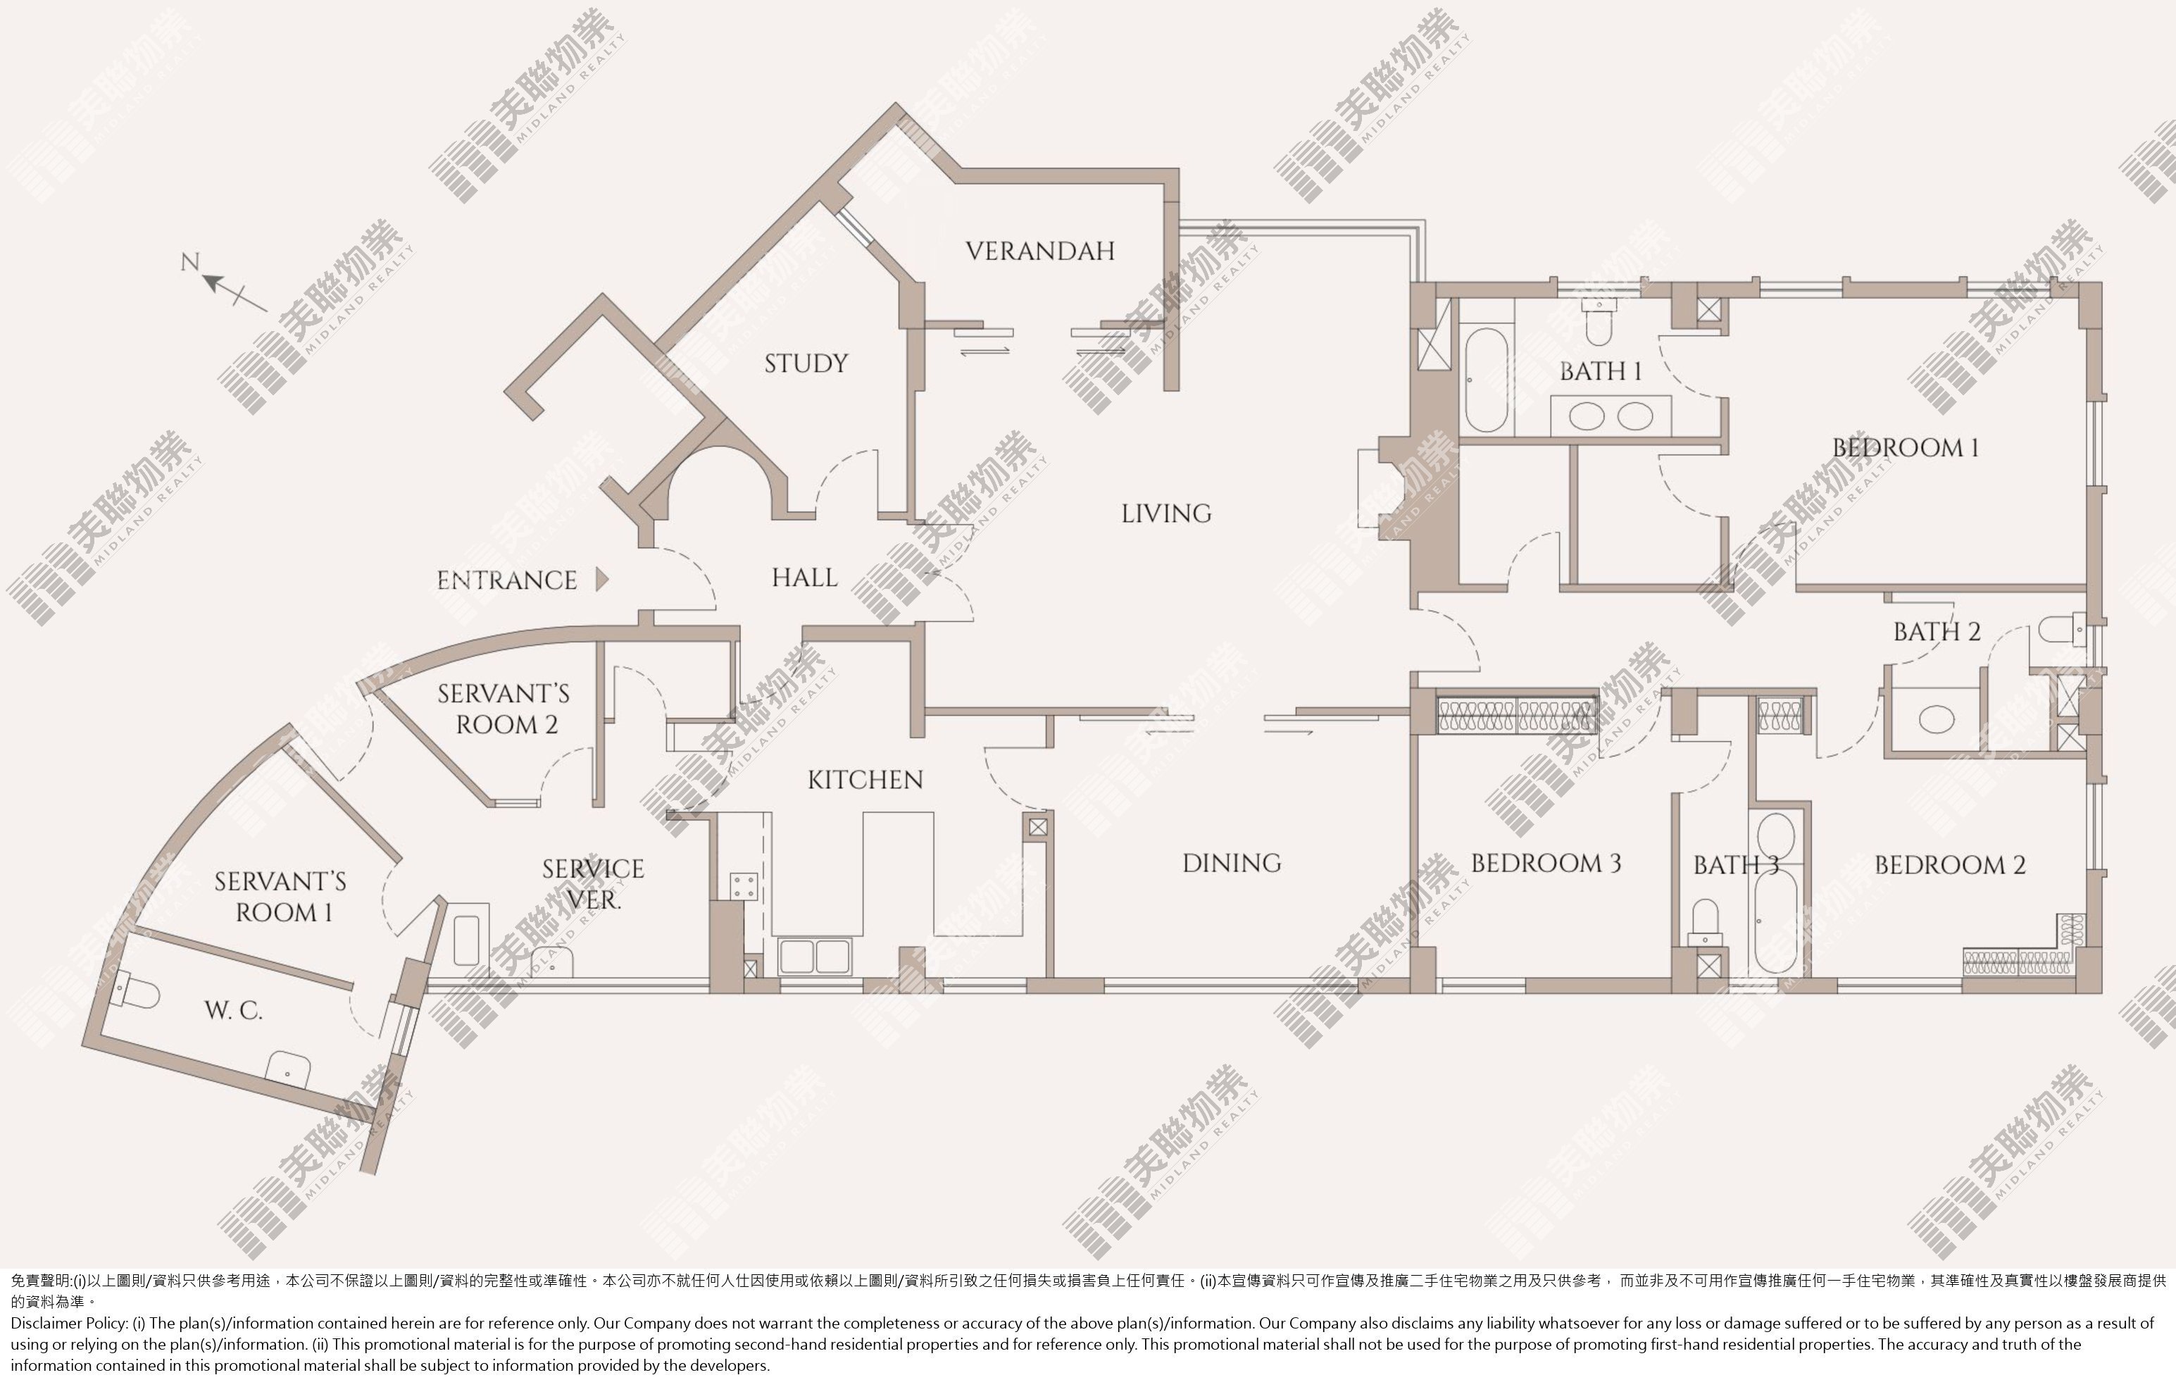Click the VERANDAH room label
point(1040,251)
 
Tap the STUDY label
point(806,363)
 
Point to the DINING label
point(1232,863)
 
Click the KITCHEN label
point(865,779)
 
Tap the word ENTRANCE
point(506,580)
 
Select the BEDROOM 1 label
point(1906,447)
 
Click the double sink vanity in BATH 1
point(1611,416)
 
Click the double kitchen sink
point(814,957)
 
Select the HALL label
point(804,578)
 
